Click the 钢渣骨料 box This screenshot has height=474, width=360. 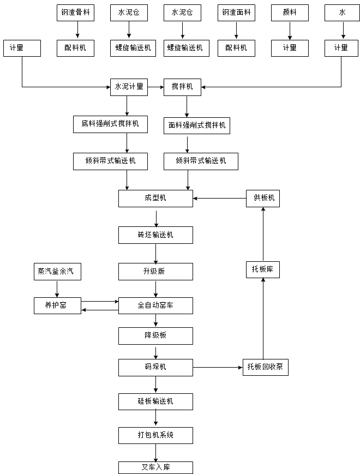75,13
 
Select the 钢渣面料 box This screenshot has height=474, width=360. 236,13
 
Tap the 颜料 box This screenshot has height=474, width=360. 290,13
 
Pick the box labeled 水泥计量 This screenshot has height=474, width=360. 129,87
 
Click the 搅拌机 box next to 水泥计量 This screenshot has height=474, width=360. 182,87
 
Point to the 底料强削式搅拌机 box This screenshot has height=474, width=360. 110,124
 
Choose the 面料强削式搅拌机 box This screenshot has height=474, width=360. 197,127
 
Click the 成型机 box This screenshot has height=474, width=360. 155,199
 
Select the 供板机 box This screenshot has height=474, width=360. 263,199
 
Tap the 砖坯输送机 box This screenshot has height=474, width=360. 155,235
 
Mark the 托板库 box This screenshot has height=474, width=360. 262,269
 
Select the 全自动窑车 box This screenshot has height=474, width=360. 155,306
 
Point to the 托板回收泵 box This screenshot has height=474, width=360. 265,367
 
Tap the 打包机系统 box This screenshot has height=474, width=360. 155,435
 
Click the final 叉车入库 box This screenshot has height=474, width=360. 155,467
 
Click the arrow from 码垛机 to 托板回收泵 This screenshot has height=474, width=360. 218,367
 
